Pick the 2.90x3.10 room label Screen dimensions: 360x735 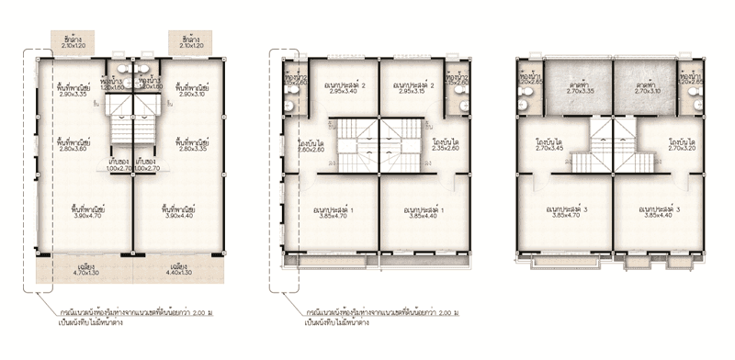point(196,95)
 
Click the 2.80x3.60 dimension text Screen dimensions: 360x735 point(70,149)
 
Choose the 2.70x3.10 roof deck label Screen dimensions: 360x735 point(647,92)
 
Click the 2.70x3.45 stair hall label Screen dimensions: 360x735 point(551,149)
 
